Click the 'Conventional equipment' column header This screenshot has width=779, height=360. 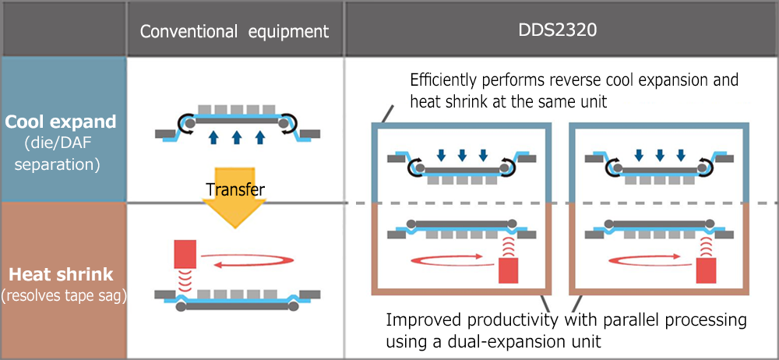[234, 32]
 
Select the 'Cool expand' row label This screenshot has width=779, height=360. [62, 123]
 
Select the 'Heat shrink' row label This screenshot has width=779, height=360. [62, 274]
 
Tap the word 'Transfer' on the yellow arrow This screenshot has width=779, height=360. [234, 189]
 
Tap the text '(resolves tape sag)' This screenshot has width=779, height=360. [62, 295]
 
